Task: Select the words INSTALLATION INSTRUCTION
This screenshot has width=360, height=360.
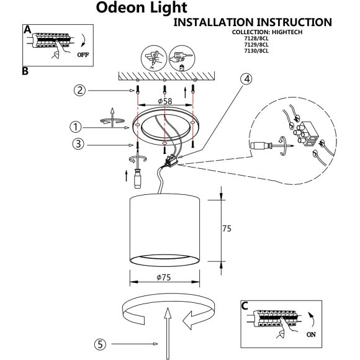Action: pyautogui.click(x=251, y=22)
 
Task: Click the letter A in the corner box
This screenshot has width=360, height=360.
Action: pyautogui.click(x=27, y=30)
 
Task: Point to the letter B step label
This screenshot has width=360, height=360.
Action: pyautogui.click(x=25, y=71)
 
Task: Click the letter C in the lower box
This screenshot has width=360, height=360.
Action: pyautogui.click(x=245, y=306)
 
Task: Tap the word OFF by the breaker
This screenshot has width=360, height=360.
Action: pyautogui.click(x=82, y=55)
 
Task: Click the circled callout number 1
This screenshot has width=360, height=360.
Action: pyautogui.click(x=76, y=127)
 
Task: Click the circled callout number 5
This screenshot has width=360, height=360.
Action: pyautogui.click(x=101, y=344)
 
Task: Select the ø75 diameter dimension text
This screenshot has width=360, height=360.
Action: pyautogui.click(x=164, y=277)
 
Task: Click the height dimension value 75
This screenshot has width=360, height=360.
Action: pyautogui.click(x=227, y=228)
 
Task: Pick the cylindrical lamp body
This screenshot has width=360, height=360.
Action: pyautogui.click(x=164, y=227)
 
